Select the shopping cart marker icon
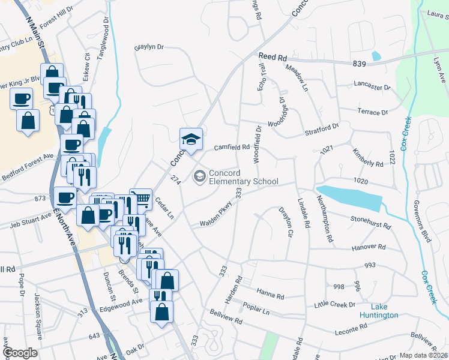(140, 199)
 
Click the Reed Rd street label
(273, 57)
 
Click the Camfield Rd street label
(232, 147)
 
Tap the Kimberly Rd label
(367, 158)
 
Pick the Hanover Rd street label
(369, 247)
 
